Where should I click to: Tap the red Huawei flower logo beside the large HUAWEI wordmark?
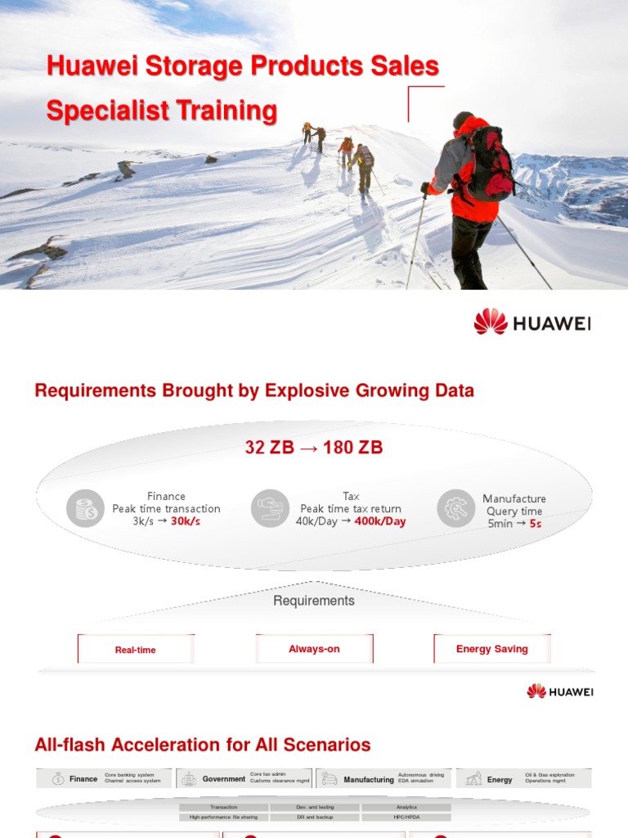pos(491,322)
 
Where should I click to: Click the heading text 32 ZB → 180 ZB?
pos(314,448)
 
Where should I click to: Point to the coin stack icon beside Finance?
pos(85,508)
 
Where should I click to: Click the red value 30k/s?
pos(185,521)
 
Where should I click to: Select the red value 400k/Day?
pos(379,521)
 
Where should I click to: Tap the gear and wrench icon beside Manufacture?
pos(455,508)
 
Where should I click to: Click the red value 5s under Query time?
pos(536,524)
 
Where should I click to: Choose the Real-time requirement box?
pos(136,650)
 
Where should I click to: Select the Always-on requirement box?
pos(314,649)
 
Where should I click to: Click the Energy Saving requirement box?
pos(492,649)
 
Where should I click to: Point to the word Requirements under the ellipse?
pos(314,601)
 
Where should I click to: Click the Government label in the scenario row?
pos(224,779)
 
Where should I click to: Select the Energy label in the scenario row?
pos(500,780)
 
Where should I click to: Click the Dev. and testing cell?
pos(315,807)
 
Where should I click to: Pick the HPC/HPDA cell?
pos(406,817)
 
